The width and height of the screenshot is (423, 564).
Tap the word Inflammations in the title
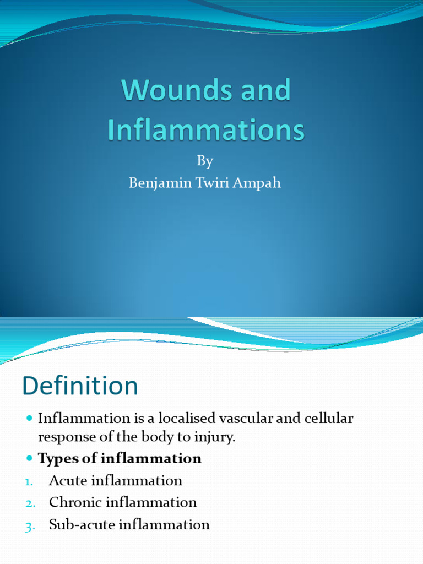click(205, 131)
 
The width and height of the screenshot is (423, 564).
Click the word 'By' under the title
click(205, 161)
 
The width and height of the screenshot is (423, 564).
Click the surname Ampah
click(259, 183)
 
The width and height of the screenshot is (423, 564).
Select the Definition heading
click(80, 386)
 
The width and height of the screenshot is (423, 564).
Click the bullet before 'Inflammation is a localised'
click(30, 419)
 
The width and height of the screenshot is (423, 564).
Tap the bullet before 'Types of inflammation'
click(30, 459)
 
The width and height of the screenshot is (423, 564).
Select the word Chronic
click(75, 503)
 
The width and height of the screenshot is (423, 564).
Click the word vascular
click(246, 419)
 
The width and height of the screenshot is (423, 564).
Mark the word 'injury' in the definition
click(216, 438)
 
